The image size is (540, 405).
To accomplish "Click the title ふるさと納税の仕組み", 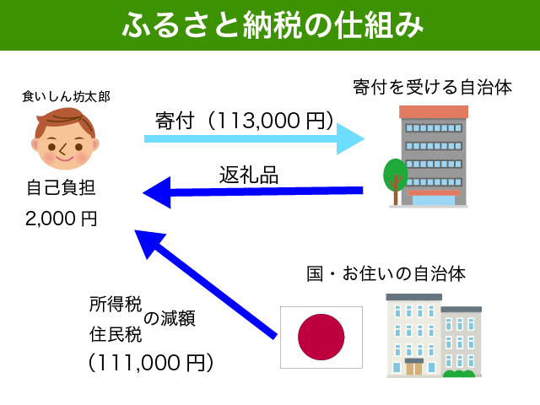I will point(270,25).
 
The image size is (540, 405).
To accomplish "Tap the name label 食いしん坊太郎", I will point(65,97).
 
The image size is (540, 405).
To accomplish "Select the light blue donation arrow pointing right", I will point(253,137).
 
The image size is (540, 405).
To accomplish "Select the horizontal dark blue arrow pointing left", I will point(253,194).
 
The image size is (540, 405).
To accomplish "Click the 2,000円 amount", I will point(61,219).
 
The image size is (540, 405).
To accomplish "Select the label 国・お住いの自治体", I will point(386,274).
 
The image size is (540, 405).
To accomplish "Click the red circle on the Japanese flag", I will point(321,337).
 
